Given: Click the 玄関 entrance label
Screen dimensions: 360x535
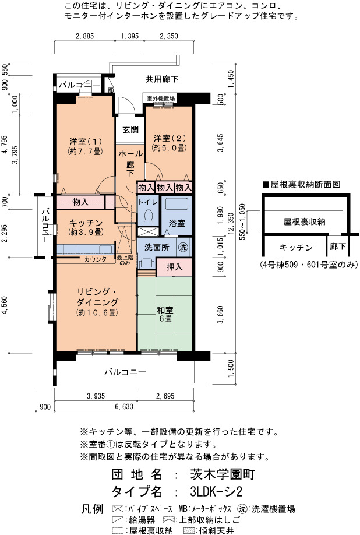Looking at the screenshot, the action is pyautogui.click(x=130, y=129).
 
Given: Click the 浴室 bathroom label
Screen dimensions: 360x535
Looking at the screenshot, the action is pyautogui.click(x=177, y=223).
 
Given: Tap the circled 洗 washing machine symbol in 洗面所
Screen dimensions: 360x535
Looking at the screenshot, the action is pyautogui.click(x=183, y=247).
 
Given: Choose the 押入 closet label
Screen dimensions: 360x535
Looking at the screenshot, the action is pyautogui.click(x=174, y=267).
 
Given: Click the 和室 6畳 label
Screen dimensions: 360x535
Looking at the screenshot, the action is pyautogui.click(x=165, y=314).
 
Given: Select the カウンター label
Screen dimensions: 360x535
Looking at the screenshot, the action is pyautogui.click(x=98, y=259).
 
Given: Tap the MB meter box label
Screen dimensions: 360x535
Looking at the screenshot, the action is pyautogui.click(x=111, y=90).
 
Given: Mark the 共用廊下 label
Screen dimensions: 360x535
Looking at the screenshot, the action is pyautogui.click(x=162, y=79).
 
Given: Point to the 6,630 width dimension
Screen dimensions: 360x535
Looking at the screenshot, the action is pyautogui.click(x=124, y=406).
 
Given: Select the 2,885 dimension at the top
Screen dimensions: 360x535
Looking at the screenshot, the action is pyautogui.click(x=84, y=36).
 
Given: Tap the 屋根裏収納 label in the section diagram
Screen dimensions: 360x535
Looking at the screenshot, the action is pyautogui.click(x=305, y=222).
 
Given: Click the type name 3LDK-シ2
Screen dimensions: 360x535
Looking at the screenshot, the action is pyautogui.click(x=216, y=492).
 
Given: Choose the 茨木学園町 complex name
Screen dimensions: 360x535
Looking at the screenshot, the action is pyautogui.click(x=223, y=474).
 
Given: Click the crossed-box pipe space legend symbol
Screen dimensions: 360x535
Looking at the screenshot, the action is pyautogui.click(x=118, y=509).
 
